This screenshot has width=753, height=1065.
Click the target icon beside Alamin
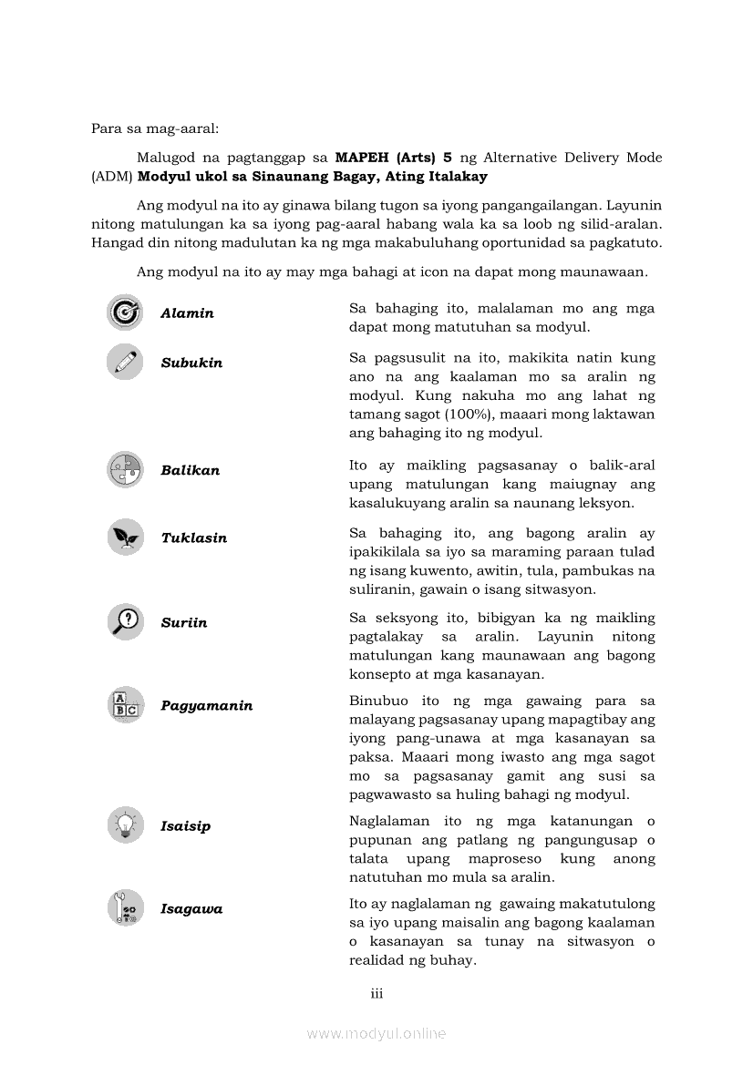(125, 312)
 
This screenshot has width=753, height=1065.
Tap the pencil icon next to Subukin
(125, 362)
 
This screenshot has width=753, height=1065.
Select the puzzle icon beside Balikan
(125, 470)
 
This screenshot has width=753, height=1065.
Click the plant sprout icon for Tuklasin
(125, 538)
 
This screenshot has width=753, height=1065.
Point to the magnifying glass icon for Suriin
(125, 622)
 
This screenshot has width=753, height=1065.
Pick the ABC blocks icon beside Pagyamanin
(125, 705)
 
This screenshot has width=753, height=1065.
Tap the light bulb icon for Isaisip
(125, 825)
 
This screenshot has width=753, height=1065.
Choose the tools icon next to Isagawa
(125, 908)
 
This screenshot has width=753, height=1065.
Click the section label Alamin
(187, 313)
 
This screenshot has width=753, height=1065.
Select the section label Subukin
(191, 363)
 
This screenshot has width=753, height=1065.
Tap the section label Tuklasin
(194, 538)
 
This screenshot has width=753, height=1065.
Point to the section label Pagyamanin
(207, 706)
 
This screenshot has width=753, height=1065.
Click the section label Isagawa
(191, 909)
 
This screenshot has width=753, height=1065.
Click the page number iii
(376, 993)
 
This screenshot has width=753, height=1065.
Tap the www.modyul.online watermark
(376, 1033)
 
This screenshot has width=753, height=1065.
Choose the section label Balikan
(190, 471)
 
